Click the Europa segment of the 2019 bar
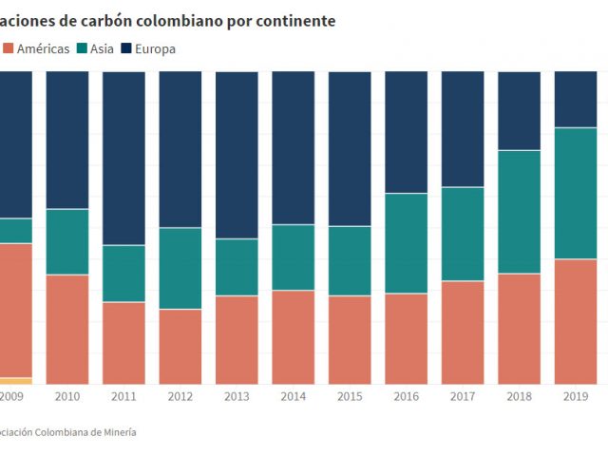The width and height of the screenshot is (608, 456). (x=575, y=99)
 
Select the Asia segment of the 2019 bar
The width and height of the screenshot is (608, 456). (x=575, y=193)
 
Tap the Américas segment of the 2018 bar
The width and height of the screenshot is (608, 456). (x=519, y=328)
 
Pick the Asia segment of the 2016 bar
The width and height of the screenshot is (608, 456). (x=406, y=243)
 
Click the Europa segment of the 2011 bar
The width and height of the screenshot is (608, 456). (x=123, y=158)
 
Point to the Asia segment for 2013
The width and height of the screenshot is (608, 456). (x=237, y=267)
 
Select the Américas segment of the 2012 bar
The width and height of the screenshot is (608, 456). (x=180, y=346)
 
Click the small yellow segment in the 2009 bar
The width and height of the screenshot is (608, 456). (x=15, y=380)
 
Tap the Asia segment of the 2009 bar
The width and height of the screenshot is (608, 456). (x=15, y=231)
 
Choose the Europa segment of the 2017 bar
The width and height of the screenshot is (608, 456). (x=463, y=128)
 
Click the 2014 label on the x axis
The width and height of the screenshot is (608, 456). (x=294, y=397)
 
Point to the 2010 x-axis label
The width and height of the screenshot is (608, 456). (x=67, y=397)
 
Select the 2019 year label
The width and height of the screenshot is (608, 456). (x=575, y=397)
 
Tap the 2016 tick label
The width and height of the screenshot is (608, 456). (x=406, y=397)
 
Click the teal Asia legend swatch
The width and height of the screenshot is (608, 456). (x=83, y=48)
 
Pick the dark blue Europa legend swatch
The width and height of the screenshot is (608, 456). (x=128, y=48)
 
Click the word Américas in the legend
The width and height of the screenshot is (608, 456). (x=43, y=48)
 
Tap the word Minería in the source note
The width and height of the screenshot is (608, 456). (x=117, y=431)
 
